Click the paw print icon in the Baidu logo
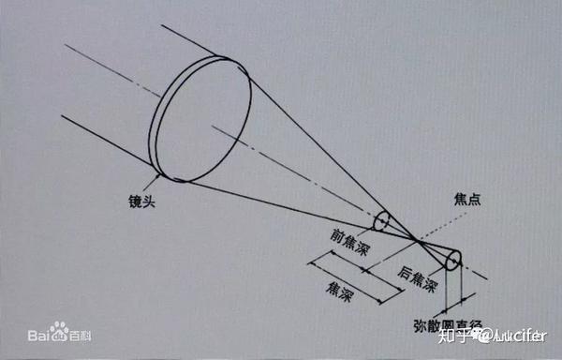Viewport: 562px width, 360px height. pyautogui.click(x=59, y=331)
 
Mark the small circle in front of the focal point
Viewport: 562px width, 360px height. pyautogui.click(x=381, y=221)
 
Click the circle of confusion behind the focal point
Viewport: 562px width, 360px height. pyautogui.click(x=453, y=260)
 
